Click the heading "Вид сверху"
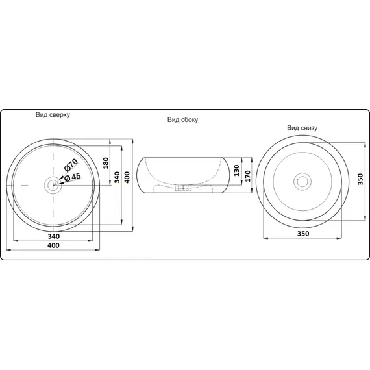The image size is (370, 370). pos(53,115)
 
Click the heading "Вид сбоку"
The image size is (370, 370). pos(182,119)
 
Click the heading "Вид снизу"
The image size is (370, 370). pos(302,128)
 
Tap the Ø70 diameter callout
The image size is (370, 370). pos(71,165)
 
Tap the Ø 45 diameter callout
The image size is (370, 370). pos(73,177)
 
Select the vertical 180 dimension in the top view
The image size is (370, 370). pos(106,163)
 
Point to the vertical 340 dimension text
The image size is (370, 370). pos(117,177)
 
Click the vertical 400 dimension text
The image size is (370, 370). pos(127,178)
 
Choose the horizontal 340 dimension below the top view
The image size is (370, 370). pos(54,236)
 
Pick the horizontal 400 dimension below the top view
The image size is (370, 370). pos(54,245)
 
